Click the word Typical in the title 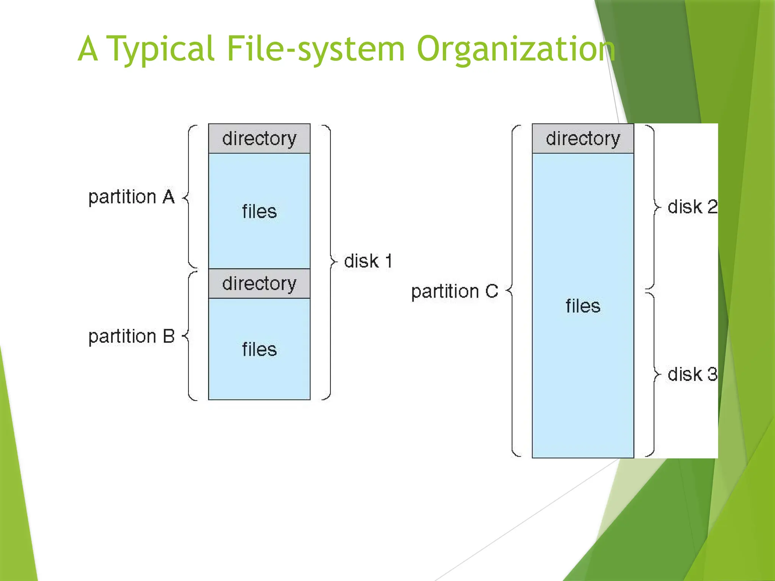click(x=161, y=49)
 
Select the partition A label click(x=131, y=197)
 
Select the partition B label click(x=131, y=336)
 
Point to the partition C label click(x=454, y=292)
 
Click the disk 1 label click(x=368, y=261)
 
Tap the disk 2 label click(x=692, y=207)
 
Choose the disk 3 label click(x=692, y=374)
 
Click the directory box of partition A click(x=259, y=138)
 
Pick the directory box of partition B click(x=259, y=284)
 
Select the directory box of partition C click(x=583, y=138)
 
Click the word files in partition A click(x=259, y=211)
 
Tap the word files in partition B click(x=259, y=350)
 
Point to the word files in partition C click(x=583, y=306)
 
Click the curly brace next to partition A click(x=189, y=197)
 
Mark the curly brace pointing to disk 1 click(x=330, y=261)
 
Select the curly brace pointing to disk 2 click(x=654, y=207)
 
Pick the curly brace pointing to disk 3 click(x=654, y=374)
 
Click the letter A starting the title click(x=88, y=49)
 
